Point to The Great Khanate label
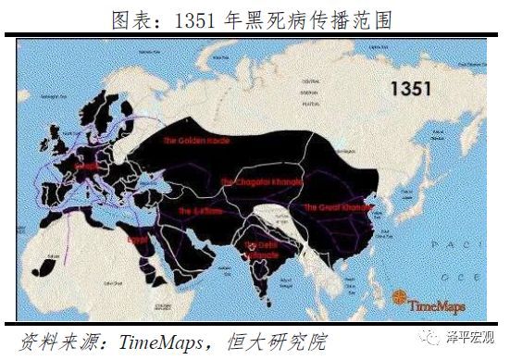[x=334, y=207]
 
